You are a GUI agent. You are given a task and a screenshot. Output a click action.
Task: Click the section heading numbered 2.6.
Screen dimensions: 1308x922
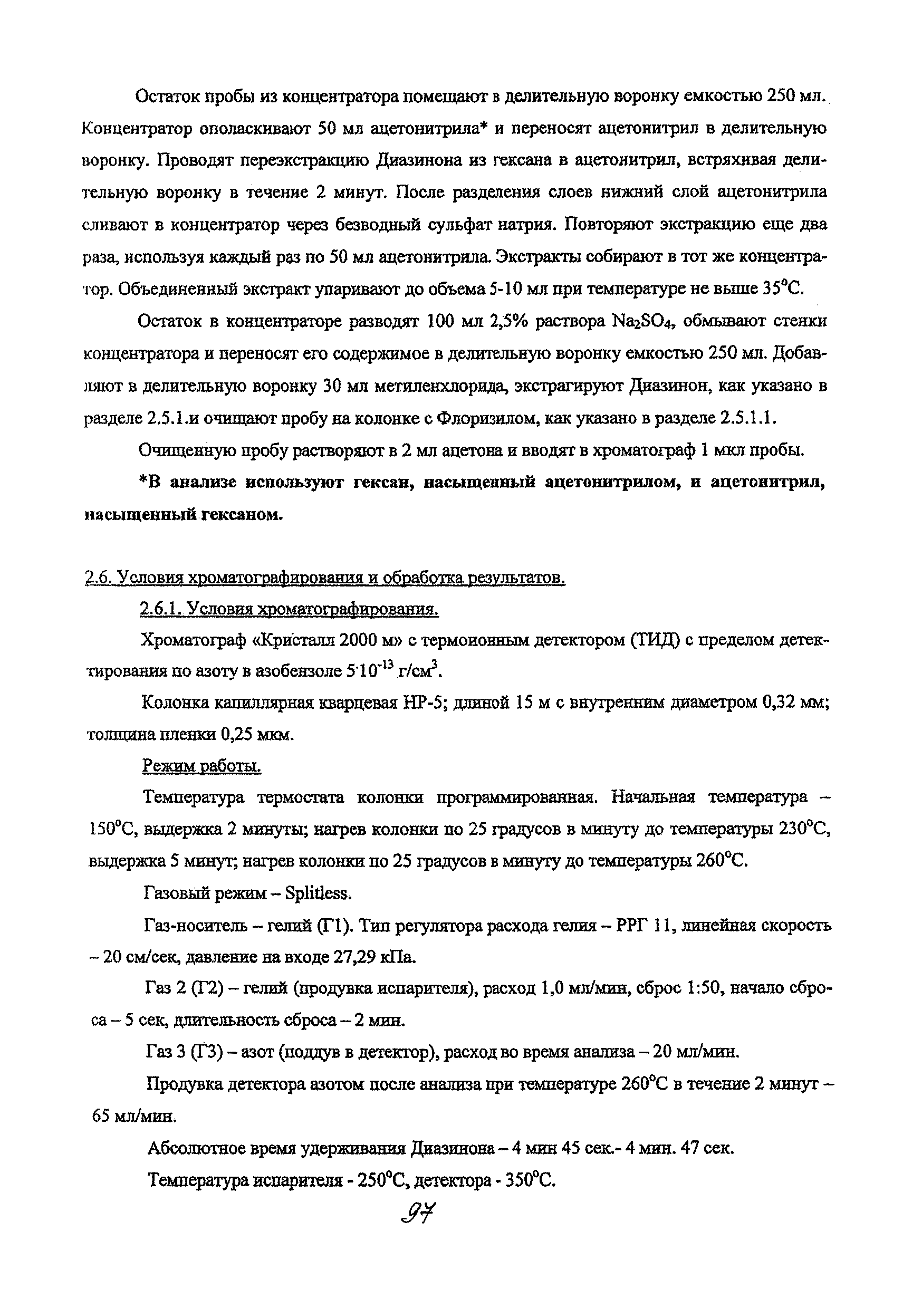pyautogui.click(x=325, y=578)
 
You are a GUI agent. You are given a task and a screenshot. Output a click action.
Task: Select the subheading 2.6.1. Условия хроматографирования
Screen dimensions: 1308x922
pyautogui.click(x=289, y=609)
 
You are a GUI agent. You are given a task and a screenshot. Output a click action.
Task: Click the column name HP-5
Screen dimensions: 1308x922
pyautogui.click(x=419, y=703)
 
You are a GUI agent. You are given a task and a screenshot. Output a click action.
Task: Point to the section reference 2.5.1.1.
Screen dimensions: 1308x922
pyautogui.click(x=748, y=419)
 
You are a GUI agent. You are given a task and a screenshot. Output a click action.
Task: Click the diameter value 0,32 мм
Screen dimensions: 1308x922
pyautogui.click(x=794, y=703)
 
